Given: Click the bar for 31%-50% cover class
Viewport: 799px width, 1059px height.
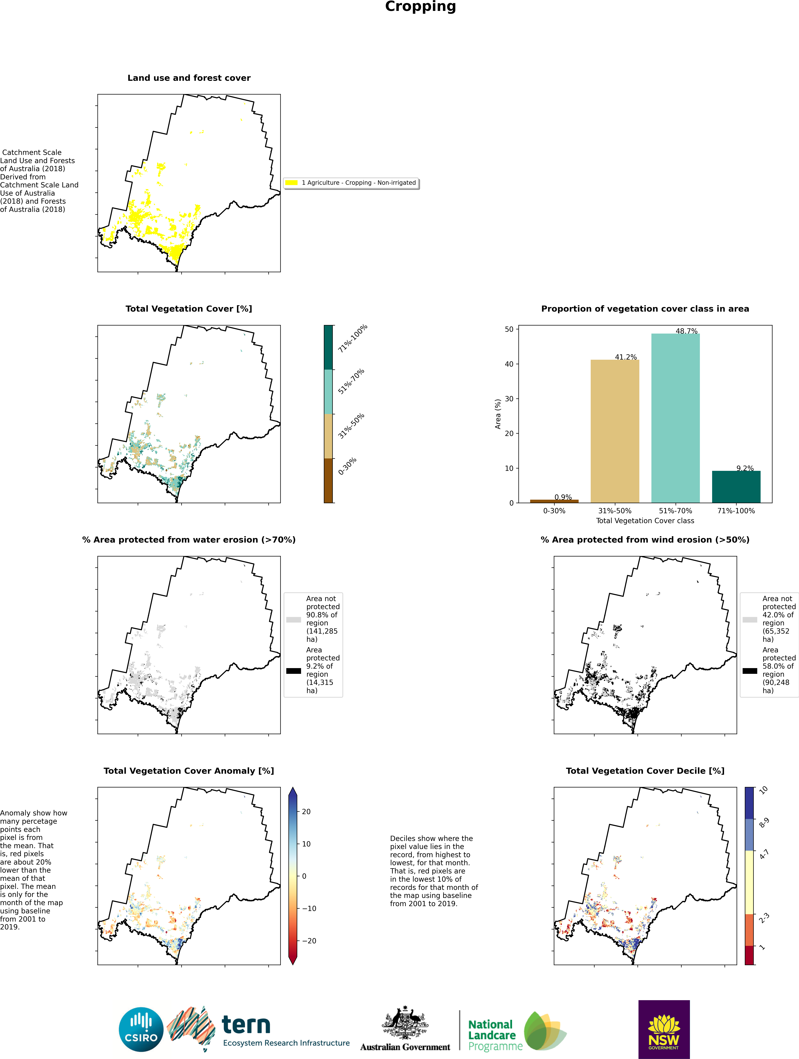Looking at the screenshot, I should pos(615,431).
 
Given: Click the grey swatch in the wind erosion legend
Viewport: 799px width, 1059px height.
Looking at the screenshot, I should pos(750,620).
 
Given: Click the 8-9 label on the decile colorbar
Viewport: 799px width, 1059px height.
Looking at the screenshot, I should pos(764,823).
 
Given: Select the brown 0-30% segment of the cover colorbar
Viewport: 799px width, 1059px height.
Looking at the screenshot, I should pos(328,480).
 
